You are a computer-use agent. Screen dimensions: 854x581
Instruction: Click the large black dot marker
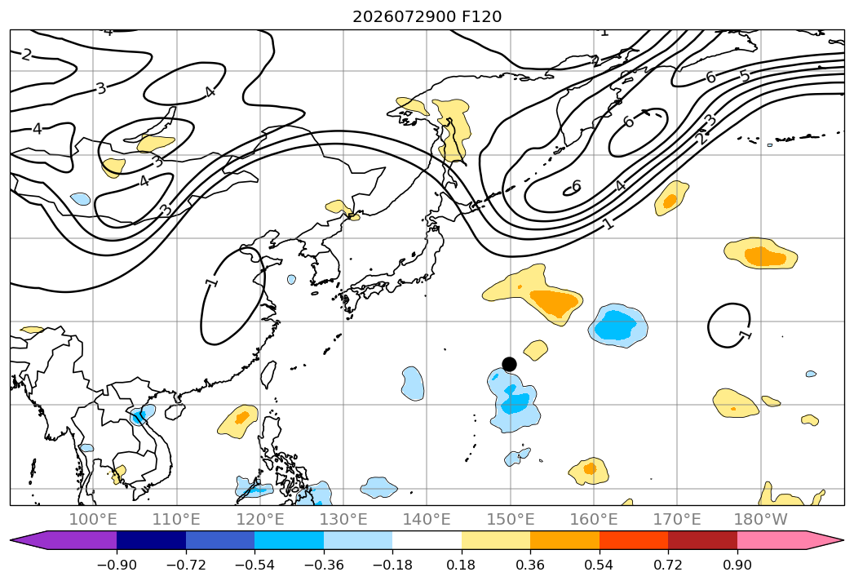click(x=509, y=364)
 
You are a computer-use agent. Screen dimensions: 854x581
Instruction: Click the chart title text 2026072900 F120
click(x=427, y=17)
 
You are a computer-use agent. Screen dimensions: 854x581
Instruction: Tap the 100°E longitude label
click(x=93, y=519)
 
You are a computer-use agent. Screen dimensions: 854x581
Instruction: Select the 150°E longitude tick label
click(x=511, y=519)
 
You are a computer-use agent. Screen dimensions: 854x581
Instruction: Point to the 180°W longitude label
click(x=761, y=519)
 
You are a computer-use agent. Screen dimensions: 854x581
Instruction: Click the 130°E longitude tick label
click(x=343, y=519)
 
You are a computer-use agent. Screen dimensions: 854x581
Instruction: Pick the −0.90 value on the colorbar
click(x=117, y=565)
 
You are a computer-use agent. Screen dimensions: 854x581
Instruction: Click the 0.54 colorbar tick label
click(x=600, y=565)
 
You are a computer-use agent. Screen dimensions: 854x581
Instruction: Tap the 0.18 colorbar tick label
click(x=462, y=565)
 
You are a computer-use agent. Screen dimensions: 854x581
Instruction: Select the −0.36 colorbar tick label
click(x=324, y=565)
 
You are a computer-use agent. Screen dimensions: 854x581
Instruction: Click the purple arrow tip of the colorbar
click(x=12, y=540)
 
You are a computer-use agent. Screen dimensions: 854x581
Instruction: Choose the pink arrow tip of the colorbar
click(x=842, y=540)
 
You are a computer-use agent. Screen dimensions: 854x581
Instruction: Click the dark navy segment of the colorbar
click(x=151, y=540)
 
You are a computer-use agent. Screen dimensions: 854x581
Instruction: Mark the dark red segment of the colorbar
click(x=702, y=540)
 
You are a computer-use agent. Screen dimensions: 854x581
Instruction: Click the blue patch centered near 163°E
click(x=618, y=326)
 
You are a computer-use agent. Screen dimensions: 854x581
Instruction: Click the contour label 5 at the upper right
click(x=745, y=76)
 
